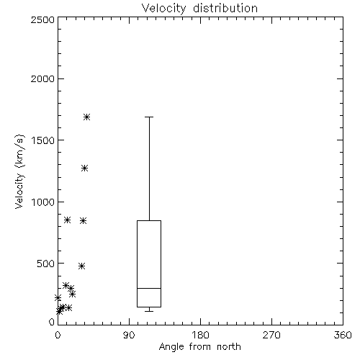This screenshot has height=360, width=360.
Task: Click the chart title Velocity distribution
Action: [x=199, y=9]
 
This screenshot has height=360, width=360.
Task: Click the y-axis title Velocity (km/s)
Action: [x=19, y=171]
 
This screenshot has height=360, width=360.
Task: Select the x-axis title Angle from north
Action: [x=199, y=347]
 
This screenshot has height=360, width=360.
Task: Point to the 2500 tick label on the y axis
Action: [x=42, y=19]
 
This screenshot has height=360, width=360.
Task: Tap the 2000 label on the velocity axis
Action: [x=42, y=78]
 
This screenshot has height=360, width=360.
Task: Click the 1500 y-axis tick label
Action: [x=43, y=140]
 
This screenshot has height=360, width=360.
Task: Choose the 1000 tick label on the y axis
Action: [x=43, y=202]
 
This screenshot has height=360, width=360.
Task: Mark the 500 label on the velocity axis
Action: [x=46, y=264]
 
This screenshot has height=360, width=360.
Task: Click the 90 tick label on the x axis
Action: [x=129, y=335]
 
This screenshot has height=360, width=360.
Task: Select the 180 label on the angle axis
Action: [x=200, y=335]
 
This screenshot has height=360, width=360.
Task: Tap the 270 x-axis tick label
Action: [x=271, y=335]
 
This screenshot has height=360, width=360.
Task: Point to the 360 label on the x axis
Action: [x=343, y=335]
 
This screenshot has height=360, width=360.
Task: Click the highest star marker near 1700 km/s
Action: [x=86, y=117]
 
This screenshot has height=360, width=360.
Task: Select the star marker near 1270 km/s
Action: [x=84, y=168]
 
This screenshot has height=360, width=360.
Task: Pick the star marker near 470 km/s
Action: [x=82, y=266]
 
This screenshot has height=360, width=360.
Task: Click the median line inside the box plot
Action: [x=149, y=288]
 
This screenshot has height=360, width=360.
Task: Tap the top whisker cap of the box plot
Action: [x=149, y=117]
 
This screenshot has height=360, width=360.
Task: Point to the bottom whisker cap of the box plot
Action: [x=149, y=311]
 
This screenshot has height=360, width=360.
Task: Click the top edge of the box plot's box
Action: [x=149, y=220]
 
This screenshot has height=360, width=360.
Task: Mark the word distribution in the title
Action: [x=225, y=9]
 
